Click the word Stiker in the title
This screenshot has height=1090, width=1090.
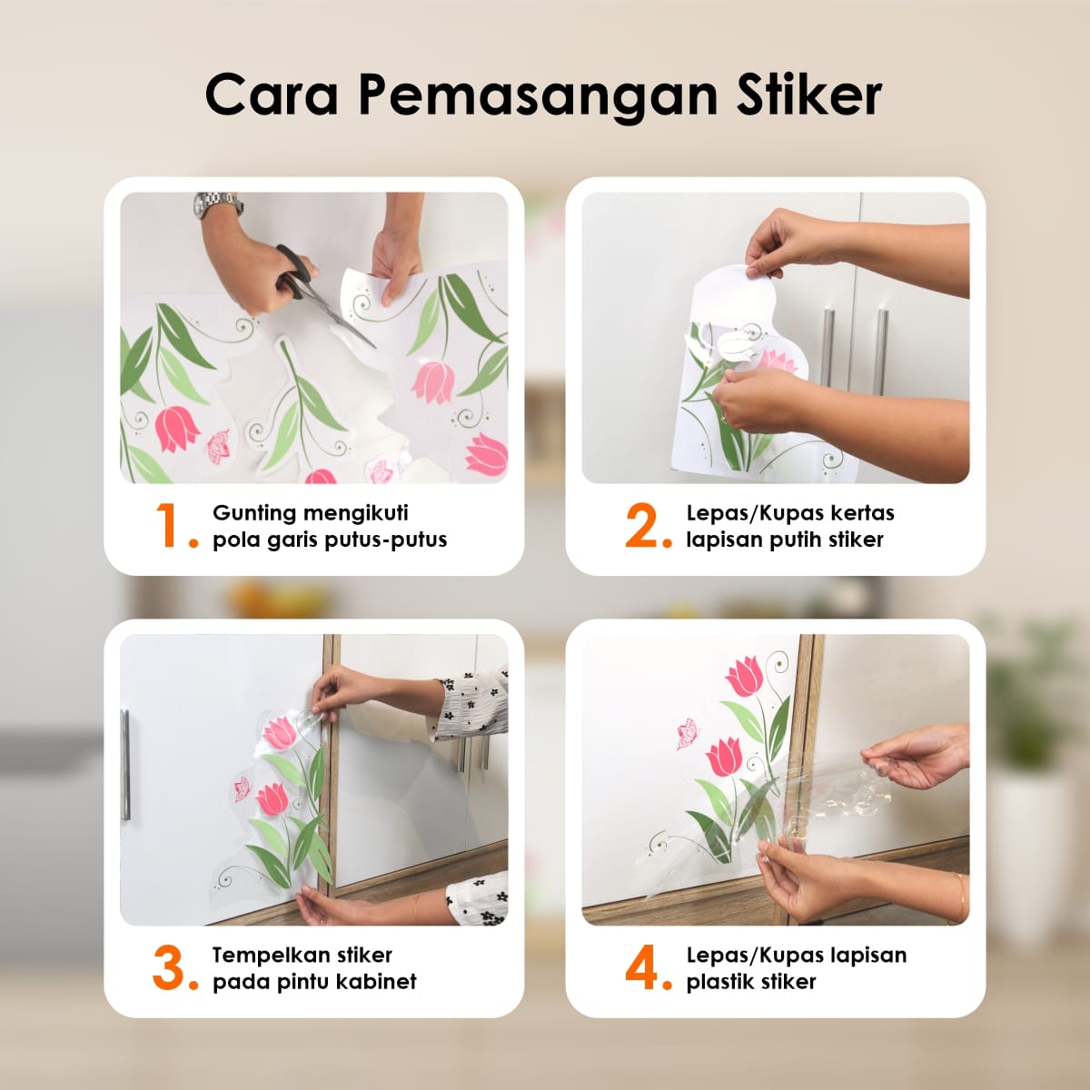(x=808, y=94)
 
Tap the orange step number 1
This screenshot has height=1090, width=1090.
(x=171, y=526)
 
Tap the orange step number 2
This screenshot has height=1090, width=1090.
(x=646, y=526)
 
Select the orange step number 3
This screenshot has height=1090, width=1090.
(x=171, y=968)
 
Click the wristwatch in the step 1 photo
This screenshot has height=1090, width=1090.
(x=217, y=204)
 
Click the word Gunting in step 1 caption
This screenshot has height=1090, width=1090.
(x=254, y=513)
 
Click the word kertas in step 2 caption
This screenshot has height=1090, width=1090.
(x=862, y=513)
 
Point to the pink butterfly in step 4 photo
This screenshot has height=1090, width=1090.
(x=687, y=734)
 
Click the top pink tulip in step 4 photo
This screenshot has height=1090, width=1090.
(x=745, y=677)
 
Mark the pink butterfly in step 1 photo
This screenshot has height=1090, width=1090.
(x=218, y=446)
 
